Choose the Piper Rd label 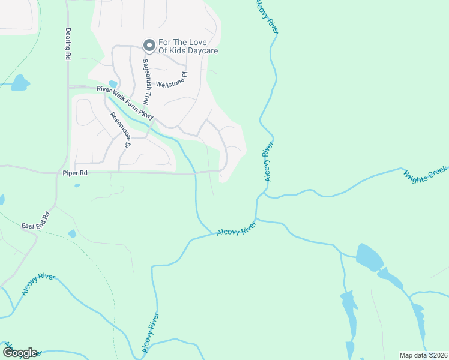point(75,173)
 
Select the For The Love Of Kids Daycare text point(187,47)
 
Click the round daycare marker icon point(148,45)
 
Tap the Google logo point(19,352)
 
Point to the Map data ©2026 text point(423,355)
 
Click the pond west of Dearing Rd point(20,83)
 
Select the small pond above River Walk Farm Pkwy point(113,84)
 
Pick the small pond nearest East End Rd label point(73,233)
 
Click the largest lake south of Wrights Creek point(369,256)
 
